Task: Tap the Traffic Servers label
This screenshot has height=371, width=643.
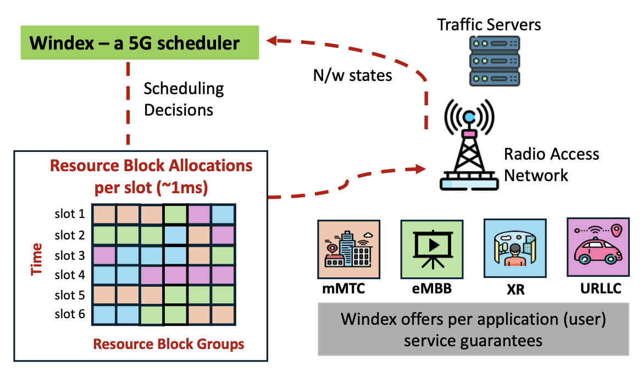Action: pos(489,24)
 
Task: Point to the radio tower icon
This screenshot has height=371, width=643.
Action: pos(469,146)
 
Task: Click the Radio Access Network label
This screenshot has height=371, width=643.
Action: pos(551,164)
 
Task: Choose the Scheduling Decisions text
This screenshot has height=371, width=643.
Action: pos(184,99)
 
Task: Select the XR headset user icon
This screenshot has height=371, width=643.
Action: pos(515,248)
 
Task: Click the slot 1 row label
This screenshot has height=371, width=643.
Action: pos(69,213)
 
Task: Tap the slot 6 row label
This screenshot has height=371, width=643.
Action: pos(69,314)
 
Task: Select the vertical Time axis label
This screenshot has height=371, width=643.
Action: pos(37,259)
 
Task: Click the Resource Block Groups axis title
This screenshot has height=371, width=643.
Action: pos(169,345)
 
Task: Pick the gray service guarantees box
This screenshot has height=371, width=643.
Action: pos(473,329)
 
